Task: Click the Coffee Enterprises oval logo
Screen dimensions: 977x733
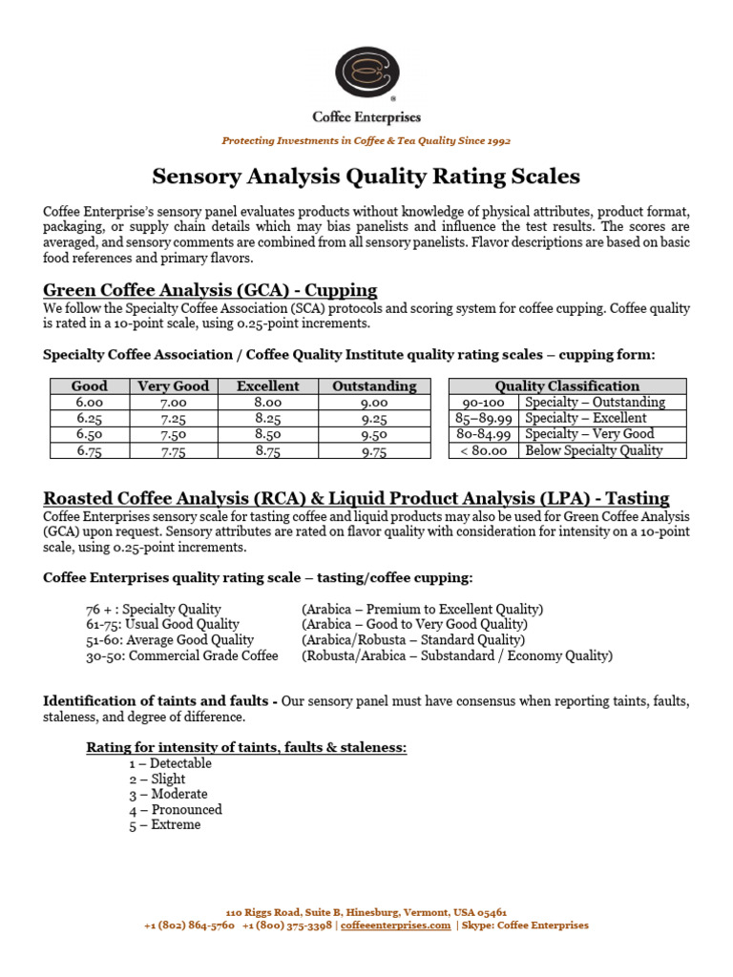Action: tap(366, 70)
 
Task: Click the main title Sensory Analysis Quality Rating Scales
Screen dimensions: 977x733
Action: tap(366, 177)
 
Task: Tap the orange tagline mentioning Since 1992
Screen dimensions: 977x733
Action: tap(366, 140)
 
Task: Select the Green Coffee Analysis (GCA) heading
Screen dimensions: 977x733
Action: tap(210, 290)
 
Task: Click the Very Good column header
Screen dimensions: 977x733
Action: tap(173, 386)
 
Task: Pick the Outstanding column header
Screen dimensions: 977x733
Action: tap(374, 386)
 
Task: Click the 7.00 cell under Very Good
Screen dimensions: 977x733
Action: tap(173, 403)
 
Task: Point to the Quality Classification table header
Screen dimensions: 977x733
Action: tap(567, 386)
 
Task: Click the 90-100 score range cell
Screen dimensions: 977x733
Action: tap(484, 403)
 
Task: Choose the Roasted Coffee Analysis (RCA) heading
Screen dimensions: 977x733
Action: tap(356, 498)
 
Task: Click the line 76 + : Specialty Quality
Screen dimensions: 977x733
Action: tap(154, 609)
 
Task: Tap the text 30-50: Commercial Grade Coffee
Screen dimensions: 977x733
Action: tap(182, 655)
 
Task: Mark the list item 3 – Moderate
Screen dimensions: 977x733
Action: tap(168, 794)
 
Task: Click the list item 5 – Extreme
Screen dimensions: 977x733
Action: tap(165, 824)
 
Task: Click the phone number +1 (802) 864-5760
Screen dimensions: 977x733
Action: tap(189, 925)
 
